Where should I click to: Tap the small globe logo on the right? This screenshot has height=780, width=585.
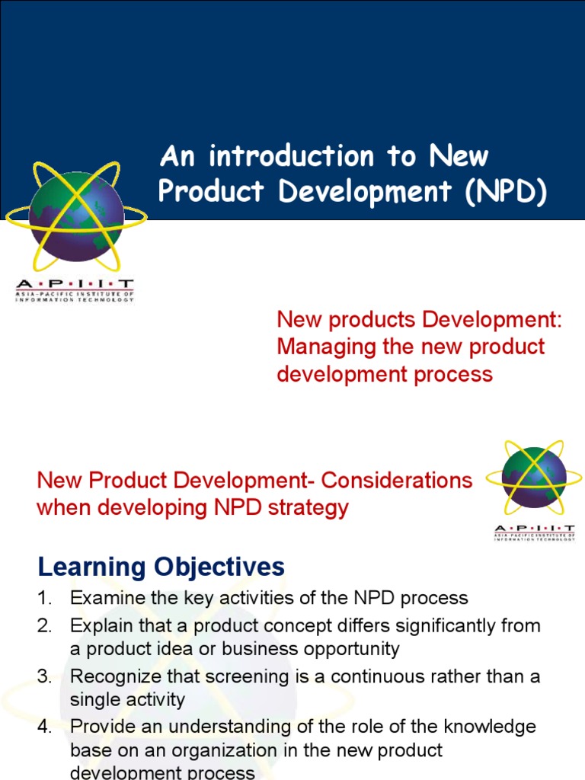[534, 478]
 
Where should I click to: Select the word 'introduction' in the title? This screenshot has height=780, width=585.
[292, 156]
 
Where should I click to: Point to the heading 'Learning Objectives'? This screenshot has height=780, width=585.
[161, 567]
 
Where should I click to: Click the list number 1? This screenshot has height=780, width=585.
[43, 599]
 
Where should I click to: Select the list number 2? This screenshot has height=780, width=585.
[43, 626]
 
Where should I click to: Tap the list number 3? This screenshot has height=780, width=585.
[43, 676]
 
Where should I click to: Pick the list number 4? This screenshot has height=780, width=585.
[43, 727]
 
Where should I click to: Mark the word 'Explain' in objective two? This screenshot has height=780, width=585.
[97, 626]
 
